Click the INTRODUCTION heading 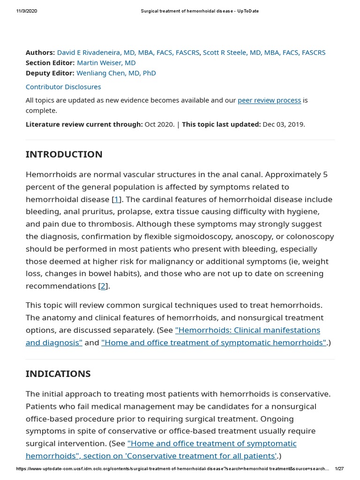64,154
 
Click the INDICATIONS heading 58,374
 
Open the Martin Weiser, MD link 106,63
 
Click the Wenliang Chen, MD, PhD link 116,73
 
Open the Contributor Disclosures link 63,87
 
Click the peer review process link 269,100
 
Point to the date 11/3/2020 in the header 27,11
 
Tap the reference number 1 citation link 117,199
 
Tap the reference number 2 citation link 103,286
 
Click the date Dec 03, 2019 283,124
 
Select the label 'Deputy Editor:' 50,73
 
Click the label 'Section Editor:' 50,63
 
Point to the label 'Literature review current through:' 84,124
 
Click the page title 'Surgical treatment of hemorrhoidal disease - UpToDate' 199,11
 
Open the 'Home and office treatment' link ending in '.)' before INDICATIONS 214,342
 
